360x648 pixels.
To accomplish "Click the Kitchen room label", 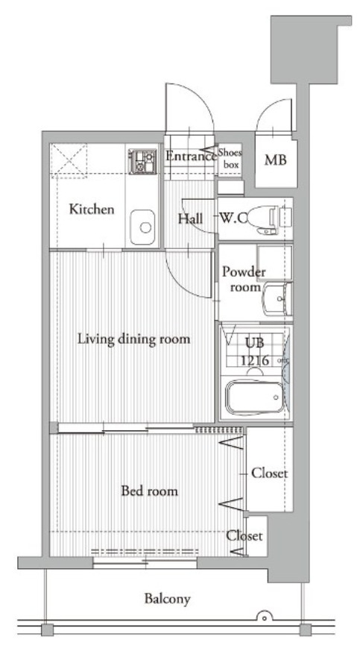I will pyautogui.click(x=92, y=210).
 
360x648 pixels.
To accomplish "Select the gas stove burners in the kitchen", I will pyautogui.click(x=141, y=160).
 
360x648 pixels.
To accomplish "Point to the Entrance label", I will pyautogui.click(x=190, y=157).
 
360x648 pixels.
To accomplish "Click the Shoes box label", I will pyautogui.click(x=230, y=158).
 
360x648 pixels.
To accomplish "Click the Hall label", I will pyautogui.click(x=189, y=219).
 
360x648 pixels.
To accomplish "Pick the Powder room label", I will pyautogui.click(x=243, y=279).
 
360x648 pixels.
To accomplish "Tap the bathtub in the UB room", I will pyautogui.click(x=255, y=397).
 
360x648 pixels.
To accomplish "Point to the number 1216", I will pyautogui.click(x=254, y=359).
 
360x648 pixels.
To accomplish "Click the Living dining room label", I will pyautogui.click(x=134, y=339).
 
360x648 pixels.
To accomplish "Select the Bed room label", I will pyautogui.click(x=149, y=491).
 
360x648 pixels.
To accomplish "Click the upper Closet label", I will pyautogui.click(x=268, y=473).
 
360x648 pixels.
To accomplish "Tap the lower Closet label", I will pyautogui.click(x=244, y=536).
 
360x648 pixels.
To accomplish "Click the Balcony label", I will pyautogui.click(x=168, y=598).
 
